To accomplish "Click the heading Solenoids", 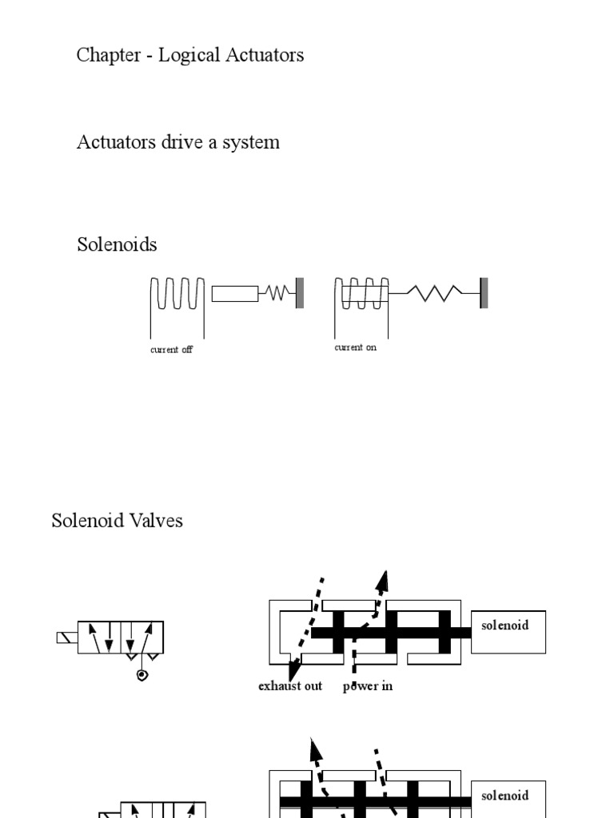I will (117, 244).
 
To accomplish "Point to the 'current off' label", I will (171, 350).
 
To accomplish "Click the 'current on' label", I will (355, 347).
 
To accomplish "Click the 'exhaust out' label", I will (290, 686).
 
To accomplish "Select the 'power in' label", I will (368, 686).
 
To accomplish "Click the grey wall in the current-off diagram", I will (300, 292).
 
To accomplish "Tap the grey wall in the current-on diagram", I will (484, 292).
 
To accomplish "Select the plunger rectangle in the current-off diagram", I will (235, 293).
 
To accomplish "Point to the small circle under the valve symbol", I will (142, 676).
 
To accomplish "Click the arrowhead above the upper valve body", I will (384, 581).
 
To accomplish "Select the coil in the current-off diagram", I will (177, 293).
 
